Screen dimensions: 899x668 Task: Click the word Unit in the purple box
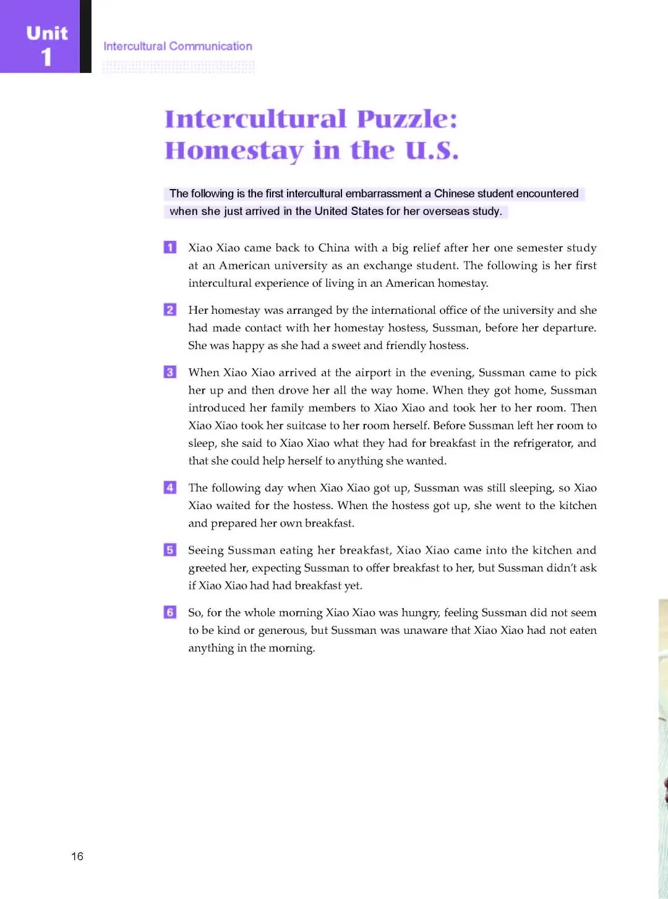pos(47,33)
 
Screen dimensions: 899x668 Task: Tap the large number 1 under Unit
pos(46,57)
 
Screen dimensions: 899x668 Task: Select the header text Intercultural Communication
pos(178,46)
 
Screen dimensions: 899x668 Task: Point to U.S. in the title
pos(432,150)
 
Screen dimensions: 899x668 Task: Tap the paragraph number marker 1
pos(170,247)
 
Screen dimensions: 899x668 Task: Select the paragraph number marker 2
pos(170,310)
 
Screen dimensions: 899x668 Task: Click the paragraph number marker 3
pos(170,372)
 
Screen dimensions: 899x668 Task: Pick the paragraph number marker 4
pos(170,487)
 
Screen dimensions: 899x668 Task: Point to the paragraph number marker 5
pos(170,550)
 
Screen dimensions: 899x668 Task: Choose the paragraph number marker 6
pos(170,612)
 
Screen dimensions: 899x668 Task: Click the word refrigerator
pos(542,443)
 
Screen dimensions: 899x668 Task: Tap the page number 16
pos(77,856)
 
